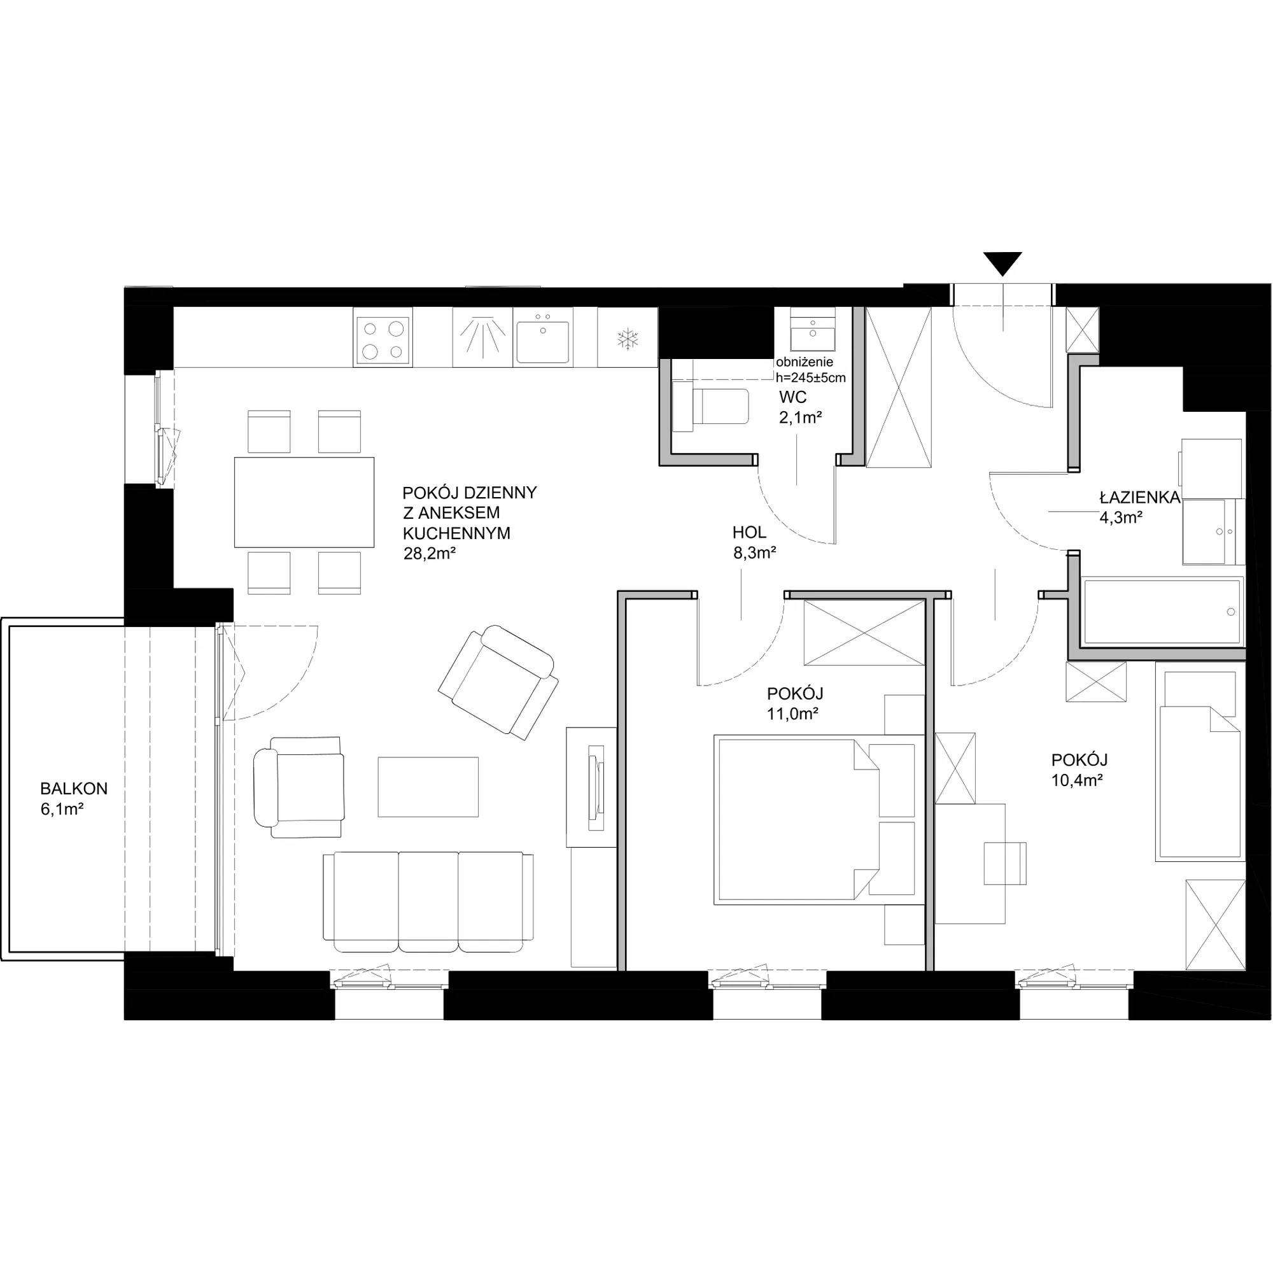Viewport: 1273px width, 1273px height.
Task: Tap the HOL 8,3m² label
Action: [x=754, y=542]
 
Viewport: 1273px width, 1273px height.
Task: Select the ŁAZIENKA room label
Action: [x=1139, y=498]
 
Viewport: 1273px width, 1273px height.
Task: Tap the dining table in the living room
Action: [x=304, y=502]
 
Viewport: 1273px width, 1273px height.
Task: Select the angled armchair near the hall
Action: [x=498, y=682]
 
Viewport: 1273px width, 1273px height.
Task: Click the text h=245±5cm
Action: [x=810, y=378]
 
